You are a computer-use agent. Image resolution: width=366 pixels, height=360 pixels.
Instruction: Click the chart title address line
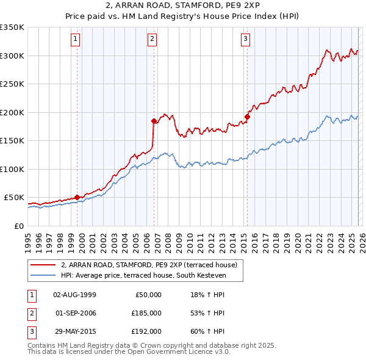click(182, 5)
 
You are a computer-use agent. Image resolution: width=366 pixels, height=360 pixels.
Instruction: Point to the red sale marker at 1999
click(77, 197)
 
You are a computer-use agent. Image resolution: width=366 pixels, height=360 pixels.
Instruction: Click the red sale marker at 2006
click(154, 121)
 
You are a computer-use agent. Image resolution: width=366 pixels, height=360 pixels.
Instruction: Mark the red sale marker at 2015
click(248, 117)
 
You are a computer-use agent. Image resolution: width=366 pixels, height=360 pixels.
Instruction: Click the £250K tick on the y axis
click(12, 84)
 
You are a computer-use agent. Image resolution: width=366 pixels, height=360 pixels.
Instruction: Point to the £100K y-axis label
click(12, 169)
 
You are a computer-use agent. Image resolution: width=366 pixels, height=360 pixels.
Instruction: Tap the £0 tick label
click(19, 226)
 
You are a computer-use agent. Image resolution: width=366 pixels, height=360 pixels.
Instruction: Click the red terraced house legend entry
click(152, 265)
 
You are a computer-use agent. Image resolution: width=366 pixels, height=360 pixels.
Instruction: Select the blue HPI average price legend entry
click(143, 276)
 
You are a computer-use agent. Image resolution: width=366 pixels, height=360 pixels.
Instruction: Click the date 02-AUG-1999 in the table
click(74, 295)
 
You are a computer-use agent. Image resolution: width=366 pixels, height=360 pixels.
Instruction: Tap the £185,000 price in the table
click(146, 313)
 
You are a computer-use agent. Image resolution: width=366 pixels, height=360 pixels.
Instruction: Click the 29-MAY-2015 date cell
click(74, 331)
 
